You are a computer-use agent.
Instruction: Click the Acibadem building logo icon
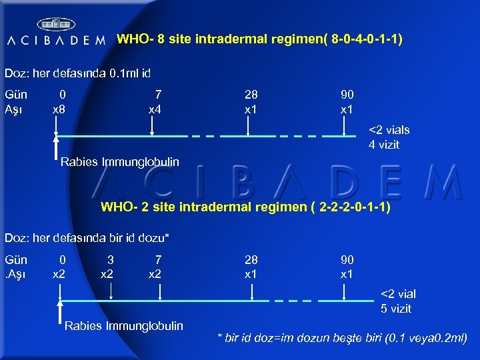click(57, 25)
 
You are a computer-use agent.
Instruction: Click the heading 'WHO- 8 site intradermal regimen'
click(259, 39)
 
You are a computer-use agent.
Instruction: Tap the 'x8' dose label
click(59, 109)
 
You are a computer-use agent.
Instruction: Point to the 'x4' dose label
click(155, 109)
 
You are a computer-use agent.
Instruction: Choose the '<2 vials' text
click(389, 130)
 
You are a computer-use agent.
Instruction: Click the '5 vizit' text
click(396, 309)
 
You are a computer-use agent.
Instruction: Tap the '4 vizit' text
click(384, 145)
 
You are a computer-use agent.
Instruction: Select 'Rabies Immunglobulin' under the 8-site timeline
click(120, 161)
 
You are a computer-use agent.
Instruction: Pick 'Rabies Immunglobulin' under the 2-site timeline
click(124, 325)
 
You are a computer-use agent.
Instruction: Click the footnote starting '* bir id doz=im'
click(342, 339)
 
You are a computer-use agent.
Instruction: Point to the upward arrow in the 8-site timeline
click(56, 143)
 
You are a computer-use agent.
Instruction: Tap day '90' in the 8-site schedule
click(347, 95)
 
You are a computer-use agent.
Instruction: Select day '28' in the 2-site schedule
click(251, 259)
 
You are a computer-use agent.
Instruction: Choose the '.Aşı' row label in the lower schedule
click(15, 274)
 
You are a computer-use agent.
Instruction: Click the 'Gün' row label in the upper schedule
click(16, 95)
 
